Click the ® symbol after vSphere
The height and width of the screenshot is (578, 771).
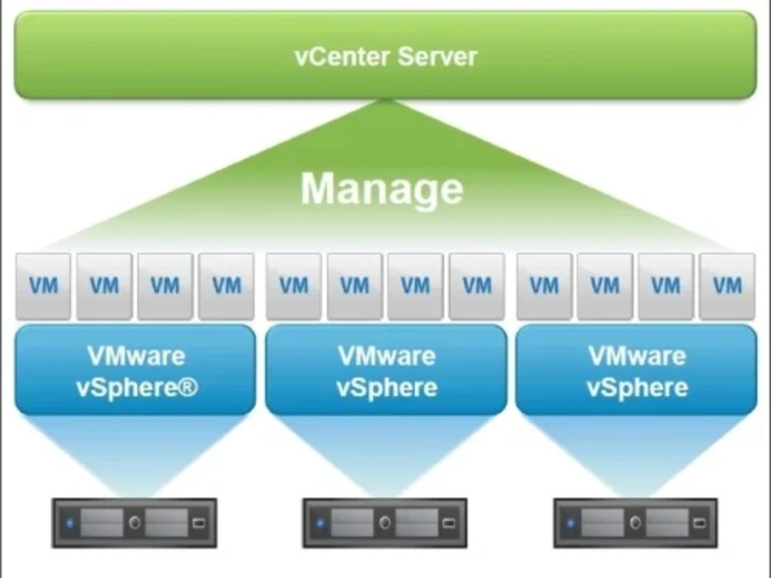pos(189,388)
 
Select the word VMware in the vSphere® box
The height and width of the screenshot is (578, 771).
pos(136,356)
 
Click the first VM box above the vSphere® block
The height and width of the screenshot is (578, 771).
pos(43,286)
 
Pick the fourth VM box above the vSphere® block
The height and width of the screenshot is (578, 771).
pos(227,286)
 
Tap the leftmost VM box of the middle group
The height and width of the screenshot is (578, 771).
pos(294,286)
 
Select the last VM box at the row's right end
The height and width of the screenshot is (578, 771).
pos(727,286)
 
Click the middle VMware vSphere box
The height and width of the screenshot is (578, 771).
pos(385,371)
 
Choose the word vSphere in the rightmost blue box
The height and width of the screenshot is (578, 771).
pos(637,388)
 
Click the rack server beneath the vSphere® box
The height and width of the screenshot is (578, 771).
pos(134,523)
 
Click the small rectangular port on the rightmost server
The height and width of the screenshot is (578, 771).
pos(699,523)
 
